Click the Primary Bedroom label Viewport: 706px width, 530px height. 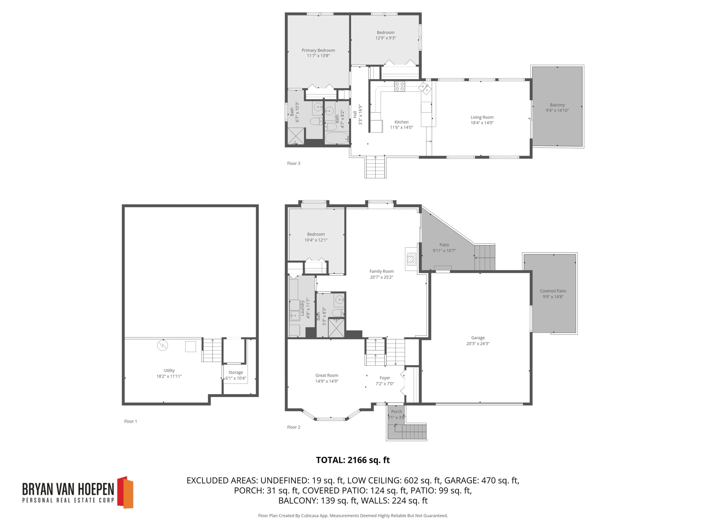(318, 50)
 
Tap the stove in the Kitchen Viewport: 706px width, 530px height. (399, 86)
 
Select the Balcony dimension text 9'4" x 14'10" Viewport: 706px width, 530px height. (557, 110)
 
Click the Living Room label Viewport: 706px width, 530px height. (482, 117)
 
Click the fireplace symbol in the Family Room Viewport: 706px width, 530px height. (411, 259)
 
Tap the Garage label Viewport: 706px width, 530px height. (478, 338)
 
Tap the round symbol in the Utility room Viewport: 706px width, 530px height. (162, 345)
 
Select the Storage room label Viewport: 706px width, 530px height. (236, 372)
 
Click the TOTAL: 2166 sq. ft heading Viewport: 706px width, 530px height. (353, 460)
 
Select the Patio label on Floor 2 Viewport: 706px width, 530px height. (444, 245)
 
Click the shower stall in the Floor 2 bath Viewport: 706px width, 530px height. (336, 328)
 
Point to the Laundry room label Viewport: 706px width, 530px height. (302, 308)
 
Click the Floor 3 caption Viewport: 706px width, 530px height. (293, 163)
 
